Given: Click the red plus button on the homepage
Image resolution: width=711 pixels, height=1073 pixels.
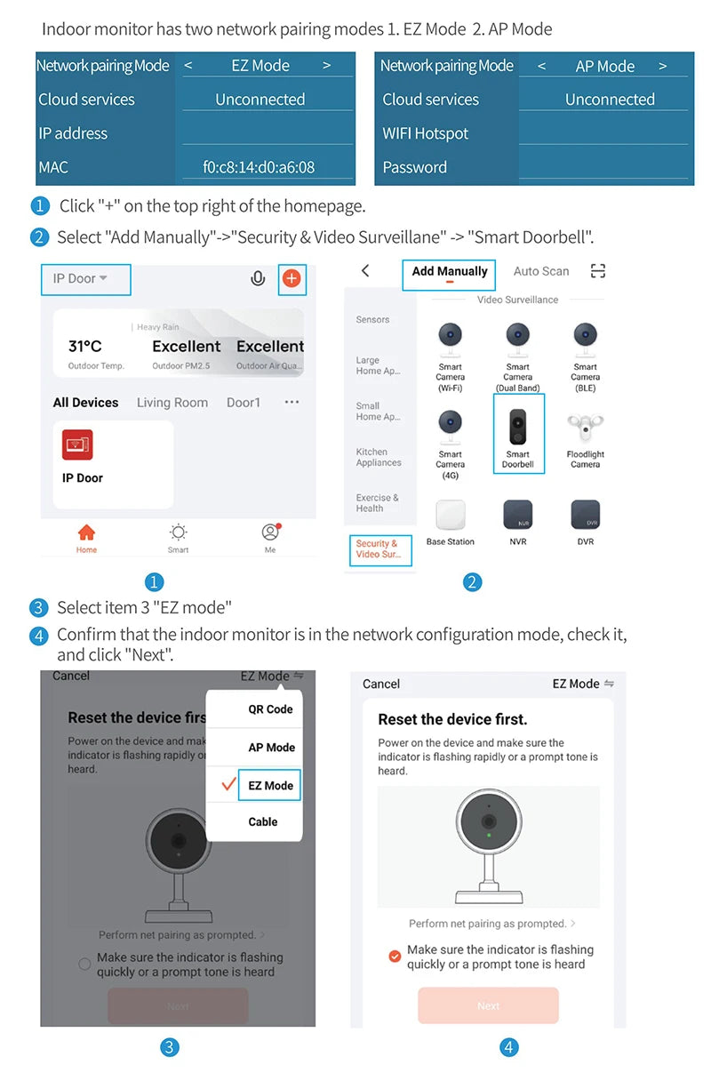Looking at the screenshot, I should tap(292, 279).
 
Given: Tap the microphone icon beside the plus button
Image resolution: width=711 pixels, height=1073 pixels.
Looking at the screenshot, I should tap(258, 279).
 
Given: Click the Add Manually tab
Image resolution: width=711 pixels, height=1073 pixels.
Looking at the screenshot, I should tap(449, 272).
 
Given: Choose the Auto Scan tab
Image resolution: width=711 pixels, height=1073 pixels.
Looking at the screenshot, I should tap(541, 271).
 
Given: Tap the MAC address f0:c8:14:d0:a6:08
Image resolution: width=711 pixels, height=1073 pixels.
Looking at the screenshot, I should tap(259, 167).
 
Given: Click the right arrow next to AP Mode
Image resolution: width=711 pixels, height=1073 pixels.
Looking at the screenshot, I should tap(663, 67).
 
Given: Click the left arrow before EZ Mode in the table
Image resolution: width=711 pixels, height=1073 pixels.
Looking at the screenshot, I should tap(188, 66).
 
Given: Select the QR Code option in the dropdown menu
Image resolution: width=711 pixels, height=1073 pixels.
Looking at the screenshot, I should tap(270, 709).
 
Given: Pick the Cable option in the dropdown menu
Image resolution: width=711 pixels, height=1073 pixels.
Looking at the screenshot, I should tap(263, 821).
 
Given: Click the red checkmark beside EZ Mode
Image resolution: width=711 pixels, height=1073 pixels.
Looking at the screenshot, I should tap(228, 785).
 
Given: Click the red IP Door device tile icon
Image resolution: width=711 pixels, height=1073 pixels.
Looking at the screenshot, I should tap(77, 444).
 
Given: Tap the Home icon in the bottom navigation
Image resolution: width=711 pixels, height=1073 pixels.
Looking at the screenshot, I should tap(86, 537).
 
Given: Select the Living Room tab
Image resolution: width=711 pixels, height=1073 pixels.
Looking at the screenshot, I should tap(172, 403).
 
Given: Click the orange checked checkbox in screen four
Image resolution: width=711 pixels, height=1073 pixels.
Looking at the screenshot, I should tap(395, 957).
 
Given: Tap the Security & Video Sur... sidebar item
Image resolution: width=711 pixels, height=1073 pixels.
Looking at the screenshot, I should tap(378, 549).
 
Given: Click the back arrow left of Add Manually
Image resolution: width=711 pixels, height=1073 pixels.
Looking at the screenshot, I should tap(365, 271).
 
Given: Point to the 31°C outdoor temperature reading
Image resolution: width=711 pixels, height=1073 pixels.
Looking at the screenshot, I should tap(85, 347).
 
